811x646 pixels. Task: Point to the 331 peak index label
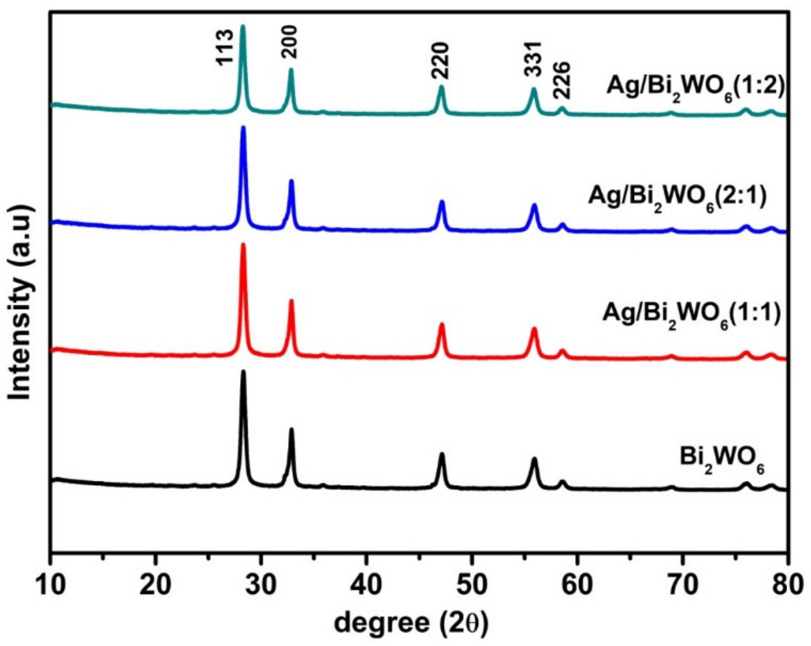point(533,59)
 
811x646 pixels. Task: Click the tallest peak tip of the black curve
point(243,371)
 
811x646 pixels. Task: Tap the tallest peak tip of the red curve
point(243,245)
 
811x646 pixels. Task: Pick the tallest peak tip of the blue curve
point(243,127)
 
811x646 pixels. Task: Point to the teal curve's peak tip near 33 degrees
point(291,69)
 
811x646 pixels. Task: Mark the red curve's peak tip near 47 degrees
point(442,324)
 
